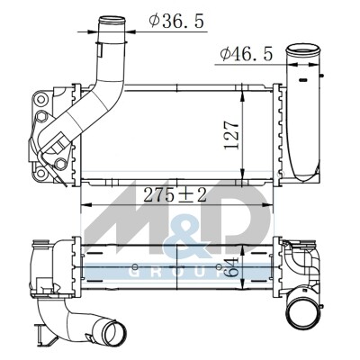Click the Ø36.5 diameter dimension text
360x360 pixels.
pos(176,21)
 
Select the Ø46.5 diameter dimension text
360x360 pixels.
pos(247,54)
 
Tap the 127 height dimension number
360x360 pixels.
pos(231,135)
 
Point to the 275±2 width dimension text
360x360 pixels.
pos(175,195)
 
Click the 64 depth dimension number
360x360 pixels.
pos(231,267)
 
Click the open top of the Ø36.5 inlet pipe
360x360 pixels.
pos(112,22)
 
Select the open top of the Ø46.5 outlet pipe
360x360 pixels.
pos(302,49)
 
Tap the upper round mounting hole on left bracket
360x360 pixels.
pos(40,99)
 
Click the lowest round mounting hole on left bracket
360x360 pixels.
pos(40,173)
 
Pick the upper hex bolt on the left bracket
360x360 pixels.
pos(41,116)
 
